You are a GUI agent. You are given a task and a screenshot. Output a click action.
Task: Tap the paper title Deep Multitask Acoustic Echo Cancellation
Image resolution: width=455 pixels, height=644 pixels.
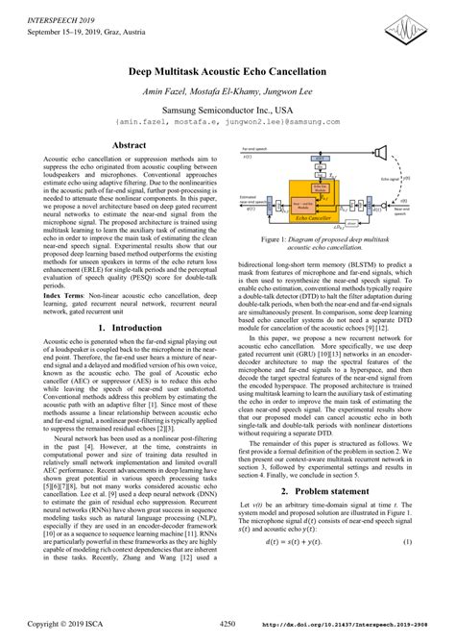click(x=227, y=73)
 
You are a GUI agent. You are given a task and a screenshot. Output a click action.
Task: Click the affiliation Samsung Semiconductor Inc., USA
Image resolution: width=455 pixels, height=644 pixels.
click(x=227, y=108)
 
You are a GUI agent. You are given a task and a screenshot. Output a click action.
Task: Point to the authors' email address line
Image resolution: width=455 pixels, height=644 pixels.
click(x=227, y=121)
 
